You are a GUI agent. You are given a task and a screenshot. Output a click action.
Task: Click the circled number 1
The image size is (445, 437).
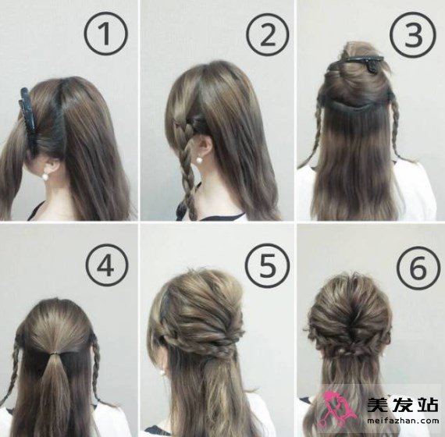(105, 34)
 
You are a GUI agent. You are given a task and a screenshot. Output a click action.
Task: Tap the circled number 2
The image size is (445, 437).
(267, 34)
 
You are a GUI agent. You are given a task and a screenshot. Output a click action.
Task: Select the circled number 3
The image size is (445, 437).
(412, 35)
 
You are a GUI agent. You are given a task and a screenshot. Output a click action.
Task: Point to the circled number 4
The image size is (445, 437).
(107, 265)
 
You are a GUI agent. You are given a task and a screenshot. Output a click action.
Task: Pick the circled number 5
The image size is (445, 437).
(267, 265)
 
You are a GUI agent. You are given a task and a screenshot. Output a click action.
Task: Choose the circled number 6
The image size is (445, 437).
(418, 268)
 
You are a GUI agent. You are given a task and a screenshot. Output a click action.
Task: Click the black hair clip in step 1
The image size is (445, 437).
(28, 120)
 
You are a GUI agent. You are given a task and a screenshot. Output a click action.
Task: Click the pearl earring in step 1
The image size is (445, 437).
(45, 176)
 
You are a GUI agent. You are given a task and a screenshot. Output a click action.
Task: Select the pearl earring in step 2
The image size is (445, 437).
(200, 160)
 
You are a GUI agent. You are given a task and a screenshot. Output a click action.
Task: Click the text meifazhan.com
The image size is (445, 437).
(403, 421)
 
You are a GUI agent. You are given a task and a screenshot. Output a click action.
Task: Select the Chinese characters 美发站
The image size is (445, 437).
(403, 405)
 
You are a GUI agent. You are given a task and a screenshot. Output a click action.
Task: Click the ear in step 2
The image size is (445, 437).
(205, 145)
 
